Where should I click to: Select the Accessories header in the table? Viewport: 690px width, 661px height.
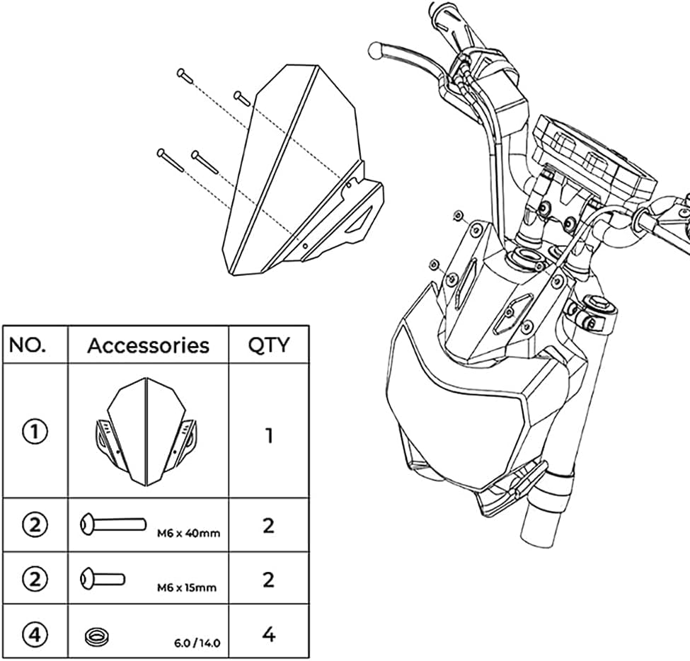click(148, 345)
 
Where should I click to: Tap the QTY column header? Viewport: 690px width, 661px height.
click(268, 345)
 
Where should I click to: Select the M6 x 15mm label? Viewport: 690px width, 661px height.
click(186, 587)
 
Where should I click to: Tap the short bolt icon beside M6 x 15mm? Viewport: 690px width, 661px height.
click(103, 577)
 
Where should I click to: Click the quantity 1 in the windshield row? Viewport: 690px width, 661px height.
click(268, 435)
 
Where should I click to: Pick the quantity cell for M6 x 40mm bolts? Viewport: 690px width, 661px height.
click(268, 526)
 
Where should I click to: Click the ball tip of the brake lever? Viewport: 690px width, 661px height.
click(376, 50)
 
